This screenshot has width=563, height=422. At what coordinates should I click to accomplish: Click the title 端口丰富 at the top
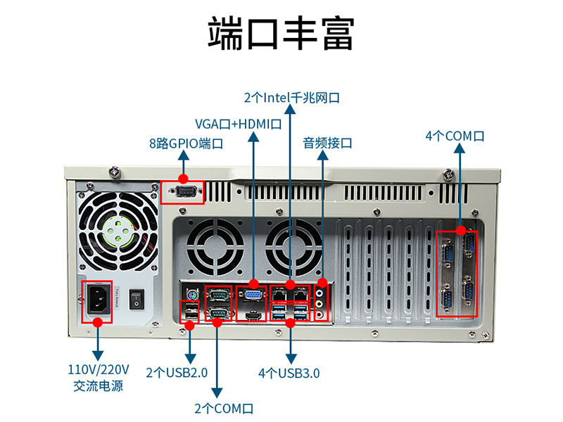click(x=281, y=33)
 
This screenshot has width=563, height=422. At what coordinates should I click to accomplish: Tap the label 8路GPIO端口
click(x=186, y=143)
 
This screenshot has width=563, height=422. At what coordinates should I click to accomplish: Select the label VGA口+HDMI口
click(x=238, y=124)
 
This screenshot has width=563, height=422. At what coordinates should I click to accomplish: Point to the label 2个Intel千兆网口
click(x=291, y=98)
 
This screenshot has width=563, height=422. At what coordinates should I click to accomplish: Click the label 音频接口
click(x=327, y=143)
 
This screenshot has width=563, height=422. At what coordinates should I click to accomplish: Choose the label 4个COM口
click(x=455, y=136)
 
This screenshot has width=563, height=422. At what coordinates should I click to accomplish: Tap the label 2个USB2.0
click(x=177, y=373)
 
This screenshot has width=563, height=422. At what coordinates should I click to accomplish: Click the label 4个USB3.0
click(x=289, y=373)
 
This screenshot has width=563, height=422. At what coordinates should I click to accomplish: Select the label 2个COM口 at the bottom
click(x=224, y=409)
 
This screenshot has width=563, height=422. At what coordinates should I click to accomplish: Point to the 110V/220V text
click(x=99, y=369)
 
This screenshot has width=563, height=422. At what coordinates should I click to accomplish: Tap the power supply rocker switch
click(x=137, y=299)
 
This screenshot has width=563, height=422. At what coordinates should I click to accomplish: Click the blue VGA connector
click(x=253, y=295)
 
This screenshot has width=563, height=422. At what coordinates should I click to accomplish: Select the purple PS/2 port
click(x=192, y=295)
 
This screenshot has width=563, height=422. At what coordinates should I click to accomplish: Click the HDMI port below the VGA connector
click(x=253, y=316)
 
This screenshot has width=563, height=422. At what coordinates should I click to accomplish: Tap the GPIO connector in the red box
click(x=186, y=192)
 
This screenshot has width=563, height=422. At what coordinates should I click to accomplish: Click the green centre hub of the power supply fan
click(x=119, y=231)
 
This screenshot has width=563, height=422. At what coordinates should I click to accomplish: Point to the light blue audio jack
click(x=320, y=293)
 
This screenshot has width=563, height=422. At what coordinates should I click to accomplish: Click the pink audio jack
click(x=320, y=314)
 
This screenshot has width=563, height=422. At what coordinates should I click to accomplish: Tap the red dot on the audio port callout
click(x=322, y=283)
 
